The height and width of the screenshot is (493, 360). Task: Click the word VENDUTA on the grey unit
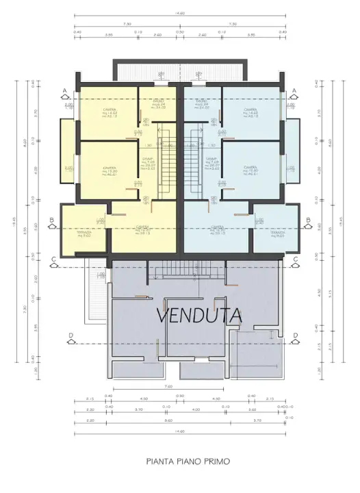199,315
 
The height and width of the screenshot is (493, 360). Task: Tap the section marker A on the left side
64,91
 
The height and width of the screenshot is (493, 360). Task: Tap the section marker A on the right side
294,91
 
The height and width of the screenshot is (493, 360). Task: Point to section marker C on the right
295,259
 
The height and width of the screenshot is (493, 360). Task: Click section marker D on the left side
70,335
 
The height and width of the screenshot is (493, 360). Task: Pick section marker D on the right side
295,335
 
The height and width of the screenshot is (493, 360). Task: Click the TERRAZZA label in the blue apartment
277,233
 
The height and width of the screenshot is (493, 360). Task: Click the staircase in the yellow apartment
168,164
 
